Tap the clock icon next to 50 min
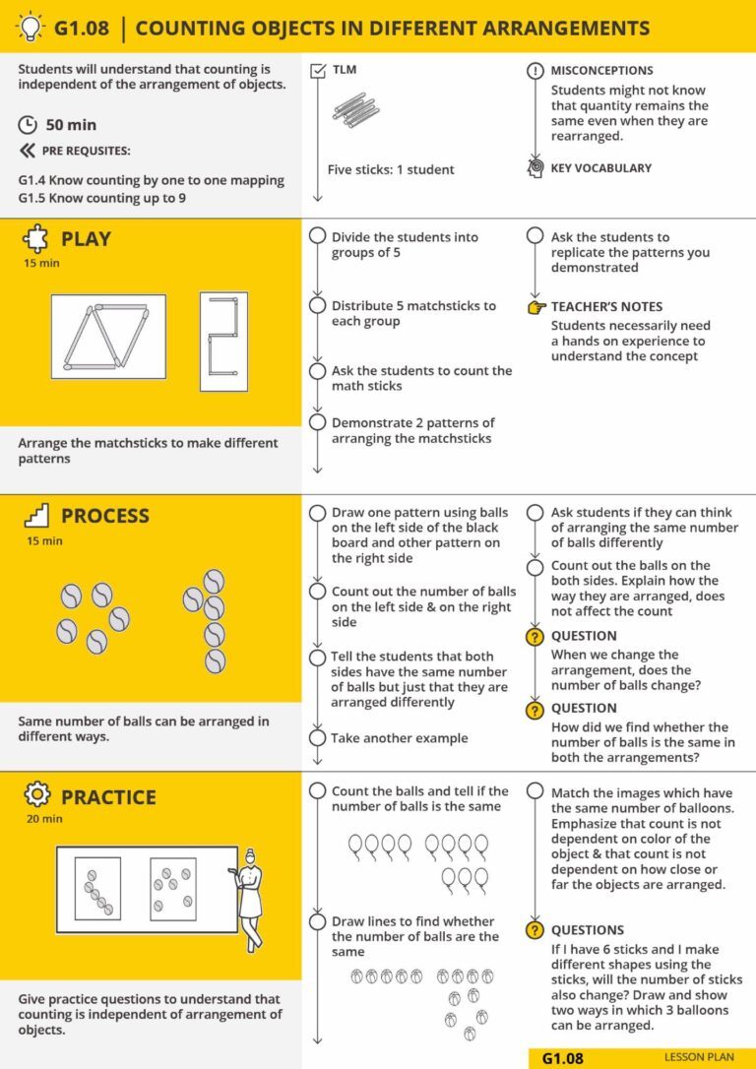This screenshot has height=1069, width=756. (x=28, y=125)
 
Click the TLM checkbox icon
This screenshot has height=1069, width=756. (x=317, y=71)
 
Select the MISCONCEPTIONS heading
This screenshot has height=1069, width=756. (x=600, y=71)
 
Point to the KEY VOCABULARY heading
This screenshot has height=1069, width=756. (x=600, y=168)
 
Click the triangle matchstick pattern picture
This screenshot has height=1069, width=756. (x=108, y=336)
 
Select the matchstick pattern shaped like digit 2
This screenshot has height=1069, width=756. (x=223, y=335)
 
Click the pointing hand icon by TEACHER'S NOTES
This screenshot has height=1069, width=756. (x=535, y=307)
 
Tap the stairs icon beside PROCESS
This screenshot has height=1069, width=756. (x=35, y=516)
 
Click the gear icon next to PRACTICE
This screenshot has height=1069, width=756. (x=35, y=795)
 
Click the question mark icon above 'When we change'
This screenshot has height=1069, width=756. (x=535, y=637)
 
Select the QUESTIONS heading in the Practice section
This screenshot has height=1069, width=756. (x=587, y=930)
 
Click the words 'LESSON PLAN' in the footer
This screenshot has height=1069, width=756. (x=699, y=1058)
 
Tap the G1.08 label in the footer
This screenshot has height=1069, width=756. (x=563, y=1058)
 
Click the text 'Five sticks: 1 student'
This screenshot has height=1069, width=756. (x=391, y=169)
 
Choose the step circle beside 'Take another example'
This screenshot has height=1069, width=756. (x=317, y=738)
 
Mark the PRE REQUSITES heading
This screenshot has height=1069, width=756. (x=87, y=152)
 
